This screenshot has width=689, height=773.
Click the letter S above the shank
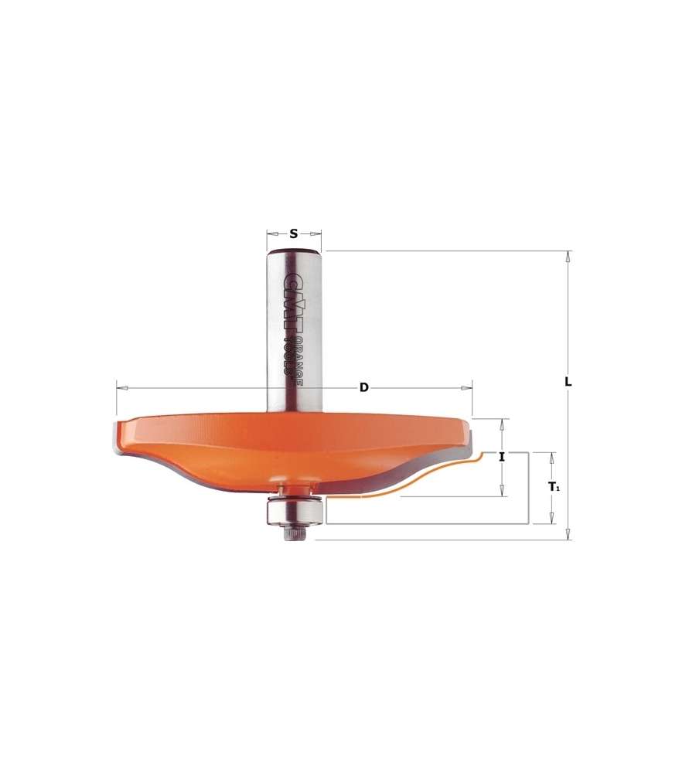[294, 233]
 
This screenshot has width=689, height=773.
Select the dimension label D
[363, 387]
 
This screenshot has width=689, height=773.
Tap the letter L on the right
[568, 382]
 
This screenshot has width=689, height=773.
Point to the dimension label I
[502, 457]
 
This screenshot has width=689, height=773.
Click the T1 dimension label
[554, 487]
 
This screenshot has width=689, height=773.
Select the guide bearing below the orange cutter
[294, 510]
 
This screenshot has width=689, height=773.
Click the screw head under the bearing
[294, 533]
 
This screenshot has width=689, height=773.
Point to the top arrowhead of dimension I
[503, 424]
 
